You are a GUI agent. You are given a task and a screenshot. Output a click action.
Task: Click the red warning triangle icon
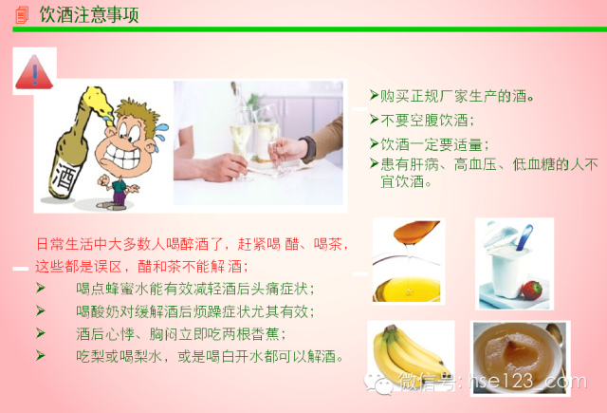coord(34,72)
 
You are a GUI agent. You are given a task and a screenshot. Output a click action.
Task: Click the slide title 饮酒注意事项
coord(89,15)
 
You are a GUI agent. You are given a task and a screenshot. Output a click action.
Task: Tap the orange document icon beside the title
coord(22,15)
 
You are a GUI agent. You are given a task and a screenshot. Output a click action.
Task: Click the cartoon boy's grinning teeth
coord(124,156)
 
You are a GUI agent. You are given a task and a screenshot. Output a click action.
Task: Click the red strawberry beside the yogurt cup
coord(531,291)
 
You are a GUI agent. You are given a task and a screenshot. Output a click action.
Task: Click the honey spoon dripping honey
coord(416,232)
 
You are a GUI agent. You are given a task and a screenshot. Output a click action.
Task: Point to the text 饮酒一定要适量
coord(431,145)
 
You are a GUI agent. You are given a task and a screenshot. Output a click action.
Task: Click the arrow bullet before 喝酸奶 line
coord(41,310)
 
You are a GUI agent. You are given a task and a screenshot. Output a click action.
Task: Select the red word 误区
coord(107,266)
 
